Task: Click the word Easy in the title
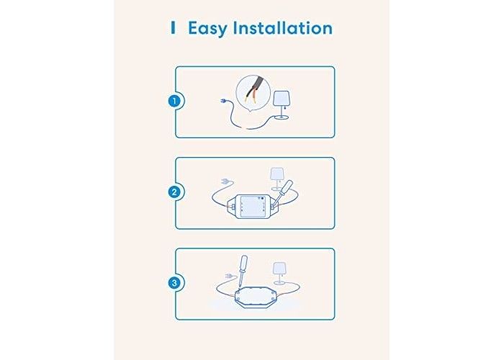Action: [x=207, y=28]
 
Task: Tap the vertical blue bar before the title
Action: [x=174, y=28]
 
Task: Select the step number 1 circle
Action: [x=174, y=101]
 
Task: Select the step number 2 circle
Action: [x=174, y=192]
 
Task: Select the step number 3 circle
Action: [x=174, y=283]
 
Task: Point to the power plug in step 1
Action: [x=224, y=102]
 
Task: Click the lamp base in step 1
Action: [x=283, y=117]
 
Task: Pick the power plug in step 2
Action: [x=227, y=182]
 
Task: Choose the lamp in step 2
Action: [x=276, y=179]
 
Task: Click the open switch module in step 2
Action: [x=253, y=207]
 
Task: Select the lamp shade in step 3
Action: [x=279, y=269]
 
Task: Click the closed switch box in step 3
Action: [x=255, y=297]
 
